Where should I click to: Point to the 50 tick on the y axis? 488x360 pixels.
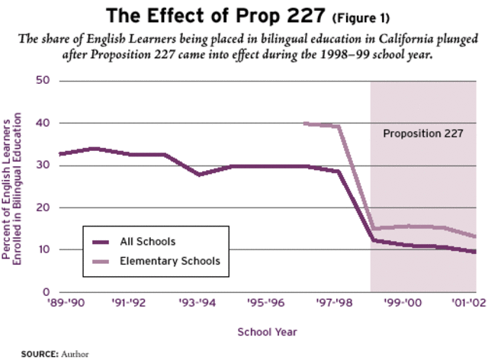tap(43, 81)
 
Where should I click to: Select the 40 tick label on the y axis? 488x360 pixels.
tap(43, 123)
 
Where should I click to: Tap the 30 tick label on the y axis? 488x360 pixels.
tap(43, 166)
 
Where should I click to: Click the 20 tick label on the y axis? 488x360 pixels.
tap(43, 207)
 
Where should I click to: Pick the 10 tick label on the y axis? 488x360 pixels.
tap(43, 250)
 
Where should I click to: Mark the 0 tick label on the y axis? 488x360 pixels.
tap(46, 292)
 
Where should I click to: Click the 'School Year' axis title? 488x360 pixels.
tap(266, 332)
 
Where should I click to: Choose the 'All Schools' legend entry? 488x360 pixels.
tap(148, 242)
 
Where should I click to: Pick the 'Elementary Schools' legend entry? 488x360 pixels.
tap(169, 261)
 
